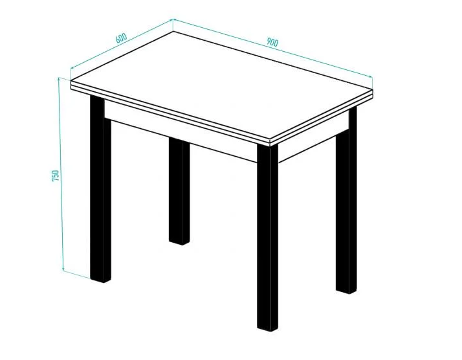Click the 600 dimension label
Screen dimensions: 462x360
[121, 38]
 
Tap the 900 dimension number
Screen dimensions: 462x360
[272, 42]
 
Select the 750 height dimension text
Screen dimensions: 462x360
[56, 175]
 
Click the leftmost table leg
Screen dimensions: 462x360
[100, 188]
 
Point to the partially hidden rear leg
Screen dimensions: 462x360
[179, 192]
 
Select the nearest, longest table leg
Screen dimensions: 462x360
[267, 238]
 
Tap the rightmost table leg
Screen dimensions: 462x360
[346, 201]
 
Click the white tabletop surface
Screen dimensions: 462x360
[221, 85]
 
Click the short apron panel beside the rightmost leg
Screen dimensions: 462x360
[313, 136]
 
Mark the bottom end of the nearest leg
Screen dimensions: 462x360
[267, 329]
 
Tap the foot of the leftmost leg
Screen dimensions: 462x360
[100, 280]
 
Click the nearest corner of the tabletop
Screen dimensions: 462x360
[270, 141]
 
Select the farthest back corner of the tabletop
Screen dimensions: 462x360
[173, 31]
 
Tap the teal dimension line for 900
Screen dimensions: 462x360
[272, 48]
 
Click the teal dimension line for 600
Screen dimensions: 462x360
[121, 44]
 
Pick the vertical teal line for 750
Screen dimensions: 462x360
[61, 175]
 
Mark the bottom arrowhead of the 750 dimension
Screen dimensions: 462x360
[63, 269]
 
